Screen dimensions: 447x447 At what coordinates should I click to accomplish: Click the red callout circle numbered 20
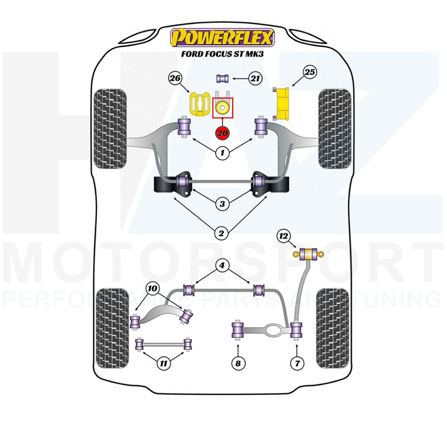[222, 133]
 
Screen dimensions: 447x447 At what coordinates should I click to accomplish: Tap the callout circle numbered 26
[175, 78]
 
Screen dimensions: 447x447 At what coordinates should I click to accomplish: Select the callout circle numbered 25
[310, 72]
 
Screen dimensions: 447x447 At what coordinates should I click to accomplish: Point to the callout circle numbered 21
[256, 79]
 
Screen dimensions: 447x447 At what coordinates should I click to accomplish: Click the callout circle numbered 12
[283, 236]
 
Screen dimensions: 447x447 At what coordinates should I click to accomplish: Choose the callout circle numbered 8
[238, 363]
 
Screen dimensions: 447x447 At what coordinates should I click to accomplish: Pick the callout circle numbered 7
[297, 363]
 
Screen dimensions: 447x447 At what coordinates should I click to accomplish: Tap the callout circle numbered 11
[164, 363]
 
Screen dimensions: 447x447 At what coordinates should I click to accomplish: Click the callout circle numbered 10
[152, 288]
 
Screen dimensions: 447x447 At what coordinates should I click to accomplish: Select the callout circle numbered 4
[222, 265]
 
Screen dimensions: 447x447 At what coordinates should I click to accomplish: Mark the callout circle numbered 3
[222, 204]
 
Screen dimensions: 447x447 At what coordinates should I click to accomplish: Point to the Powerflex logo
[222, 37]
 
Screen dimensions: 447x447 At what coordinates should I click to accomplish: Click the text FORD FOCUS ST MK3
[222, 54]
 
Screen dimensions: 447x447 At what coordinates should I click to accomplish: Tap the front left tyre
[110, 129]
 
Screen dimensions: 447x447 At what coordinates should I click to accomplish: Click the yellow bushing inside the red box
[222, 108]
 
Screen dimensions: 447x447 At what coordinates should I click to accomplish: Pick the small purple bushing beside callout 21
[222, 79]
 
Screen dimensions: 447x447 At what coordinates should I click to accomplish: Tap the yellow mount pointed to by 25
[282, 104]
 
